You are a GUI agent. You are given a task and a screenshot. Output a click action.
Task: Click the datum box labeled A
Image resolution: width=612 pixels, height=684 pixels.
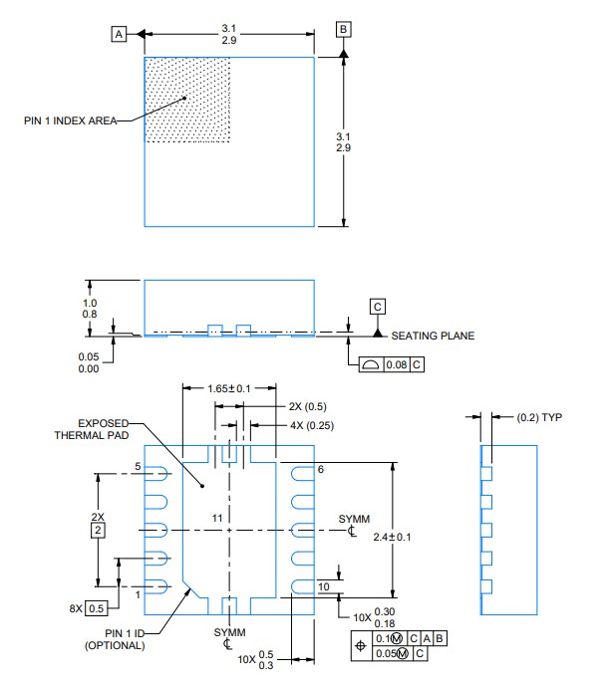[x=119, y=34]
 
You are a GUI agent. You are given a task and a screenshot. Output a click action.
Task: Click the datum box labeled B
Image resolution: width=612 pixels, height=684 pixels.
[x=343, y=29]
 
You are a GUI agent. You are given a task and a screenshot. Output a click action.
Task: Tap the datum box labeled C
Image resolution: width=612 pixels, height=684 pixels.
[x=378, y=307]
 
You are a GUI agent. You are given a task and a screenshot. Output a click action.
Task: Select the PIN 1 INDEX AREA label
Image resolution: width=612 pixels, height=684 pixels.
[x=71, y=120]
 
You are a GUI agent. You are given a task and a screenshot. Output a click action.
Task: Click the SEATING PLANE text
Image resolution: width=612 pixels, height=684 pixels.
[x=433, y=336]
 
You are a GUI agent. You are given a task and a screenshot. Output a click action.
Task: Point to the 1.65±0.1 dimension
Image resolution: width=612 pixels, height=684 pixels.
[x=229, y=388]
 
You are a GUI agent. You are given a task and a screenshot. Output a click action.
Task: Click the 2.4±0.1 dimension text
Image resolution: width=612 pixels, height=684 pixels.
[x=392, y=537]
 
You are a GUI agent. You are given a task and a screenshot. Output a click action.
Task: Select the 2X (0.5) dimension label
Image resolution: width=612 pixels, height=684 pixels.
[x=308, y=406]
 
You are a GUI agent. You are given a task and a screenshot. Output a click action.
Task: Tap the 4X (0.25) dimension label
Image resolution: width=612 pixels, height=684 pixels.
[x=312, y=425]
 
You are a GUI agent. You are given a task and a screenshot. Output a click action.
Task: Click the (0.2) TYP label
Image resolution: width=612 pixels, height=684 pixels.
[x=539, y=417]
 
